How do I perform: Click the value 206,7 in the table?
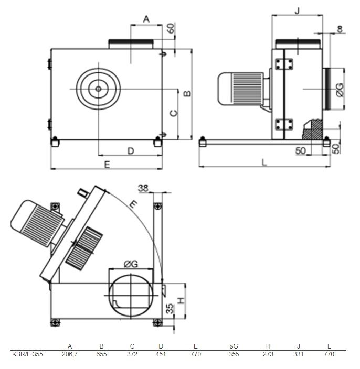(69, 354)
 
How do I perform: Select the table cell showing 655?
(101, 354)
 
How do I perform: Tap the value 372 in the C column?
(132, 354)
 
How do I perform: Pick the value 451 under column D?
(161, 354)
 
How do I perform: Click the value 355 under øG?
(234, 354)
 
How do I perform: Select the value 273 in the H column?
(268, 354)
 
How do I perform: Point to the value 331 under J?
(298, 354)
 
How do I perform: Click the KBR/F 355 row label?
(27, 354)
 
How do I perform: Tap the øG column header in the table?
(234, 346)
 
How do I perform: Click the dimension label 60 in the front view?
(171, 28)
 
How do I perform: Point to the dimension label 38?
(143, 188)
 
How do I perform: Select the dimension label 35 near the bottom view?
(170, 309)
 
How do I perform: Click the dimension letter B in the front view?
(187, 94)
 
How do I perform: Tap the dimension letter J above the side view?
(298, 10)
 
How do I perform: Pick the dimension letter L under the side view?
(264, 162)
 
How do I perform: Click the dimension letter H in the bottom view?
(181, 300)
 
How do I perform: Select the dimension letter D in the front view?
(131, 151)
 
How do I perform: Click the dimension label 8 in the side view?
(340, 29)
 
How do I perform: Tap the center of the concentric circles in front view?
(99, 89)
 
